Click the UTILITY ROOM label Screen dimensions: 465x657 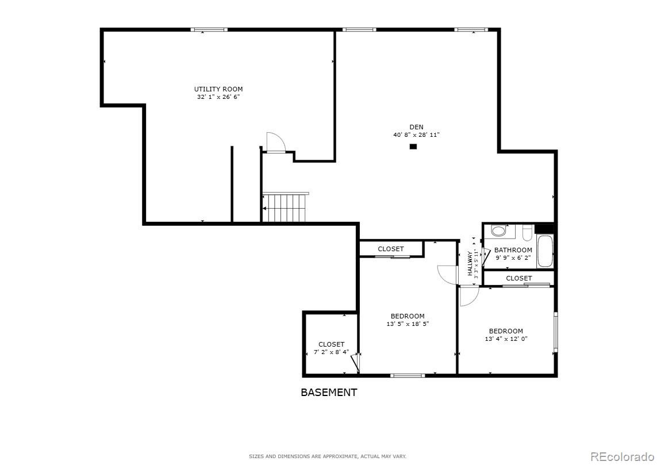(218, 89)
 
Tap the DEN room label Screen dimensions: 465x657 (416, 127)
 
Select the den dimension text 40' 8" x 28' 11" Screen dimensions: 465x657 (416, 135)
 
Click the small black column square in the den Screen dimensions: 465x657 (413, 147)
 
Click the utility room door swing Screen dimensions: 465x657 (275, 142)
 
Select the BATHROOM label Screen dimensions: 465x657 (513, 250)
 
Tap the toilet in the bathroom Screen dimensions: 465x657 (498, 231)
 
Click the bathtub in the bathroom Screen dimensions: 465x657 (545, 251)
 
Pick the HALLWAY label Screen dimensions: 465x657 (470, 264)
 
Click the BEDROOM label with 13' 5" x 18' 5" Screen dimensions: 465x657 (408, 316)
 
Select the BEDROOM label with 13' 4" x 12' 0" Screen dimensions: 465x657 (506, 331)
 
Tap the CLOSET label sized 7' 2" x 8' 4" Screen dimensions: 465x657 (331, 344)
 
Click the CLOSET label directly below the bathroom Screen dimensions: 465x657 (518, 278)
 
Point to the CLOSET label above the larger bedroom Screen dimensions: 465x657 (390, 249)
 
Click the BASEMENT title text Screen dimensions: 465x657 (329, 393)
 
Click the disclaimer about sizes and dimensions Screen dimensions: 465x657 (327, 456)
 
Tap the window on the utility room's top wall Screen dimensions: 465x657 (209, 29)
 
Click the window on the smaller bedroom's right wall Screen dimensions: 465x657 (555, 332)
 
